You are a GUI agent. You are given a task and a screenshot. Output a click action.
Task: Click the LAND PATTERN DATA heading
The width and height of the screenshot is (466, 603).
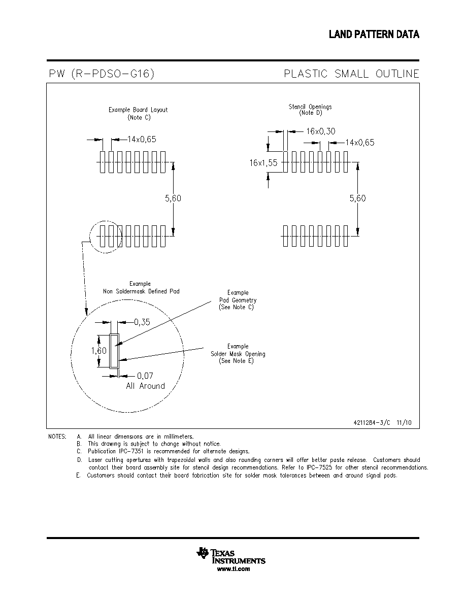(x=374, y=34)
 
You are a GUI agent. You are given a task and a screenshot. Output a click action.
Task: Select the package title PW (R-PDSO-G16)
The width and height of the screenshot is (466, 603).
(x=102, y=74)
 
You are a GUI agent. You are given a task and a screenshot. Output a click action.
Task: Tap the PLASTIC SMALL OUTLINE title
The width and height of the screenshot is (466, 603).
(x=351, y=74)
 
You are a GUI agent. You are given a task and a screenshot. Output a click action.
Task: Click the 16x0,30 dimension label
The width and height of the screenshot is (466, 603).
(x=321, y=131)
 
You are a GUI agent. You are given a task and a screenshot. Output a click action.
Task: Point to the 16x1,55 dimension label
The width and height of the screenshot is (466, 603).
(x=263, y=162)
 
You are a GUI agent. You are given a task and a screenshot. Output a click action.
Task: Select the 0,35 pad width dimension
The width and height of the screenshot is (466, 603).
(x=142, y=322)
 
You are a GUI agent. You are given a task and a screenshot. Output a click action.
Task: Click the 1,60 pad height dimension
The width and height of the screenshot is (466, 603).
(x=99, y=351)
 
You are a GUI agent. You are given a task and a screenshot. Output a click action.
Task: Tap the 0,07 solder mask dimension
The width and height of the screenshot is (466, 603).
(x=145, y=376)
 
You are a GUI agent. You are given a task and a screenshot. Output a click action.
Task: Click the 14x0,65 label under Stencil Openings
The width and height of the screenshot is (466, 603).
(x=360, y=143)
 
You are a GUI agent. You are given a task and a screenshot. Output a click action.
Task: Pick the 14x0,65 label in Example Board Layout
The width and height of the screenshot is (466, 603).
(x=142, y=139)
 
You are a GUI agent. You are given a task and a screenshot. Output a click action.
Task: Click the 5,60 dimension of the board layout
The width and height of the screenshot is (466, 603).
(x=173, y=198)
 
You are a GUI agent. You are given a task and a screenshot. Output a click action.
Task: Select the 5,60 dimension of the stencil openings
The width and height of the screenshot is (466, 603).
(x=357, y=198)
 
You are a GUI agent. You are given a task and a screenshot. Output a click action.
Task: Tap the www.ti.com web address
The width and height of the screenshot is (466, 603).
(x=234, y=569)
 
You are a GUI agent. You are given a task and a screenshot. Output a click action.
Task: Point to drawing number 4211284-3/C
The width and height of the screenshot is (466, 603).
(x=372, y=423)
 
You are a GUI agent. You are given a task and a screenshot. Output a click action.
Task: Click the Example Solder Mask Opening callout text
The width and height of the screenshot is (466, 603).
(x=238, y=353)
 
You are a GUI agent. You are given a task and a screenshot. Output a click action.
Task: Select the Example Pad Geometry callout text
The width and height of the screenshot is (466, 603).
(x=238, y=299)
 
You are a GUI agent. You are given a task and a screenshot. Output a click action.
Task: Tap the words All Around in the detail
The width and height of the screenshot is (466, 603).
(x=145, y=386)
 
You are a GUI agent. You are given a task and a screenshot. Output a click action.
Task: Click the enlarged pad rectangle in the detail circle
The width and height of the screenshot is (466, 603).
(x=114, y=351)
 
